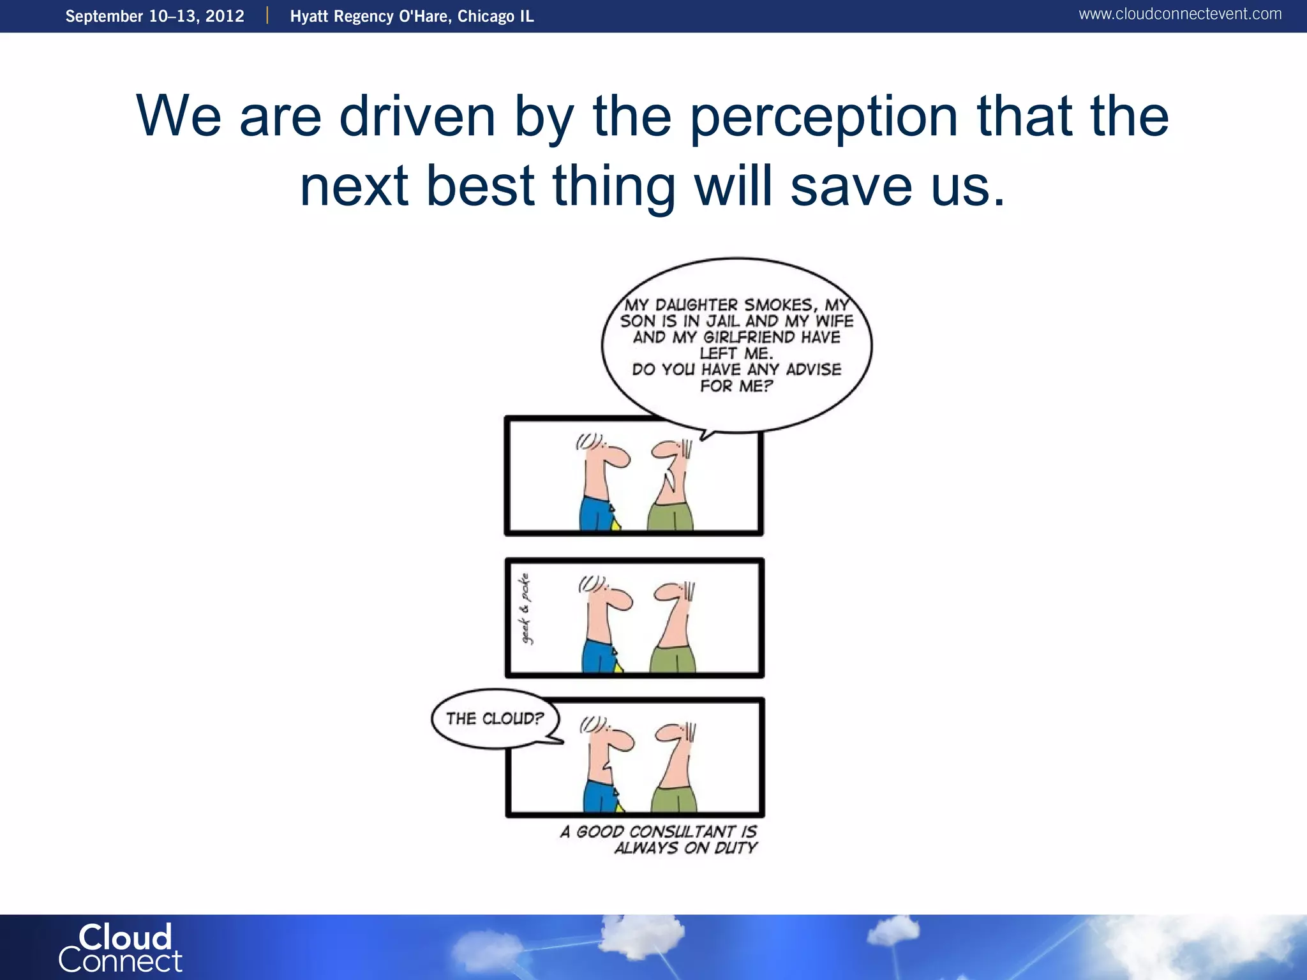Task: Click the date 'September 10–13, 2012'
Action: click(x=154, y=16)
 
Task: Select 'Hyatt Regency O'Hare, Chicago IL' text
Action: click(x=412, y=16)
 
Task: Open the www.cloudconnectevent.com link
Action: click(x=1179, y=14)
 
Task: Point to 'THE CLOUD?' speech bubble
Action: click(x=495, y=719)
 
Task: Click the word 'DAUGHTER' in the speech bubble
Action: click(x=696, y=306)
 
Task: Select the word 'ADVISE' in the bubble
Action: click(x=813, y=370)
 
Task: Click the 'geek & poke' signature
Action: click(x=525, y=609)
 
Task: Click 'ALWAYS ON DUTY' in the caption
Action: click(x=685, y=848)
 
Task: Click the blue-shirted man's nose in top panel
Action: click(x=619, y=457)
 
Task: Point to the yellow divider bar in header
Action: click(x=267, y=16)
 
